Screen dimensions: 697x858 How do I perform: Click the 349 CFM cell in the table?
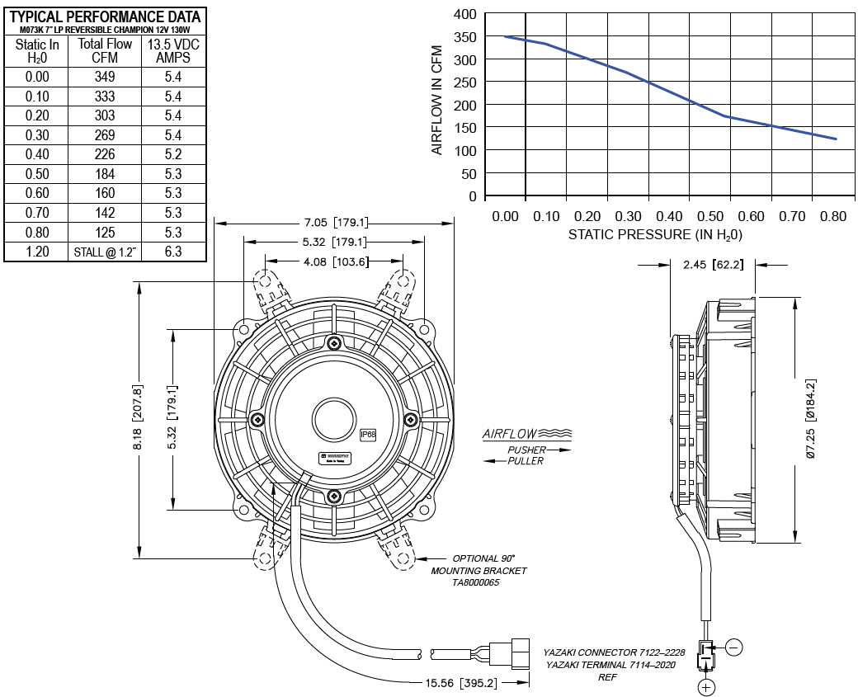pos(105,77)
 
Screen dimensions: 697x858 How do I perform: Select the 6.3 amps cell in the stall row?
pos(174,252)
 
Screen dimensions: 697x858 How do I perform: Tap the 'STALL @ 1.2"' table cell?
pos(105,252)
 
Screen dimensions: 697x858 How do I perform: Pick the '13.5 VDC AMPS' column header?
pos(174,50)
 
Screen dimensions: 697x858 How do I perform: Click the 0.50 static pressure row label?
pos(37,174)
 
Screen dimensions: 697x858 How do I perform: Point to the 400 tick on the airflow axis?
pos(465,14)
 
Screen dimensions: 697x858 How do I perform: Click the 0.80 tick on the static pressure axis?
pos(833,217)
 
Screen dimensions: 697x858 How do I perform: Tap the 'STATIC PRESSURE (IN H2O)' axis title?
pos(656,235)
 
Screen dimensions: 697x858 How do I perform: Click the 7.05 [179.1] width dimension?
pos(335,223)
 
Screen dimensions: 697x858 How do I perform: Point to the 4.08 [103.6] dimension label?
pos(335,261)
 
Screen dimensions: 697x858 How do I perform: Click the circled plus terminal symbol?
pos(706,686)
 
